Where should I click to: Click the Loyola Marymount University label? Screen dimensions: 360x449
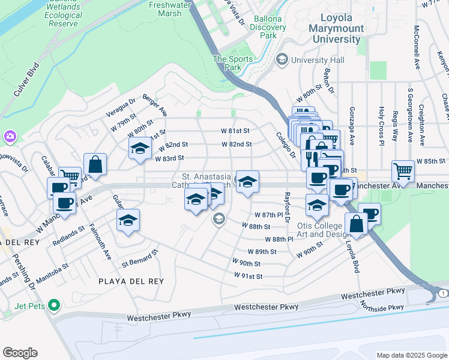pyautogui.click(x=334, y=29)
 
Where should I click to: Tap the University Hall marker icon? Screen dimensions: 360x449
pyautogui.click(x=281, y=60)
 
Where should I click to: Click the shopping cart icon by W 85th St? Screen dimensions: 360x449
pyautogui.click(x=403, y=171)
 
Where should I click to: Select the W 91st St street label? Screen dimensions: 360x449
pyautogui.click(x=249, y=276)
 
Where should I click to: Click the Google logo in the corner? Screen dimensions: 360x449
pyautogui.click(x=20, y=353)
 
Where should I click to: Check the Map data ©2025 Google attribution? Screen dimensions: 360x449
pyautogui.click(x=411, y=355)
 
